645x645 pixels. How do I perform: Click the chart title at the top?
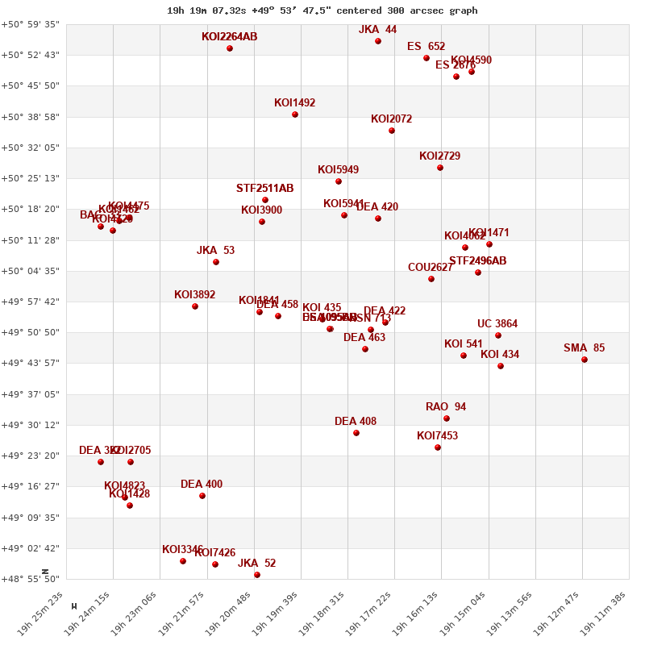pos(322,10)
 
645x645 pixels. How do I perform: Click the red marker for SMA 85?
pos(585,360)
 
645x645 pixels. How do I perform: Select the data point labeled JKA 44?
pos(378,41)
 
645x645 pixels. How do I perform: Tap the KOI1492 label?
pos(294,103)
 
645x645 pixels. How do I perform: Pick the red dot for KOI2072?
pos(392,131)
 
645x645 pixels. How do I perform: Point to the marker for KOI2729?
pos(440,168)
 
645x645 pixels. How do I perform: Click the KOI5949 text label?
pos(338,170)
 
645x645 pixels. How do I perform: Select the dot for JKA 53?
pos(216,262)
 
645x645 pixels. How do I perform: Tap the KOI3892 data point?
pos(195,306)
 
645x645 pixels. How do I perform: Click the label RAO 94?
pos(446,407)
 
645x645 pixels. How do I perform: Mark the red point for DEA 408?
pos(356,433)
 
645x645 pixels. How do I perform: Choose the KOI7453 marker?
pos(438,447)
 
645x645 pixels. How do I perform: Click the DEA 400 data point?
pos(202,496)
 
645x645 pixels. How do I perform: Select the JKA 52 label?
pos(256,564)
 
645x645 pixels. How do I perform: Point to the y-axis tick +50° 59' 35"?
pos(30,24)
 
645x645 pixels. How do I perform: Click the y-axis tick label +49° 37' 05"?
pos(30,394)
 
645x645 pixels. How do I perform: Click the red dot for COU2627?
pos(431,279)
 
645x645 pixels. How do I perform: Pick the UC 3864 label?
pos(497,324)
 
